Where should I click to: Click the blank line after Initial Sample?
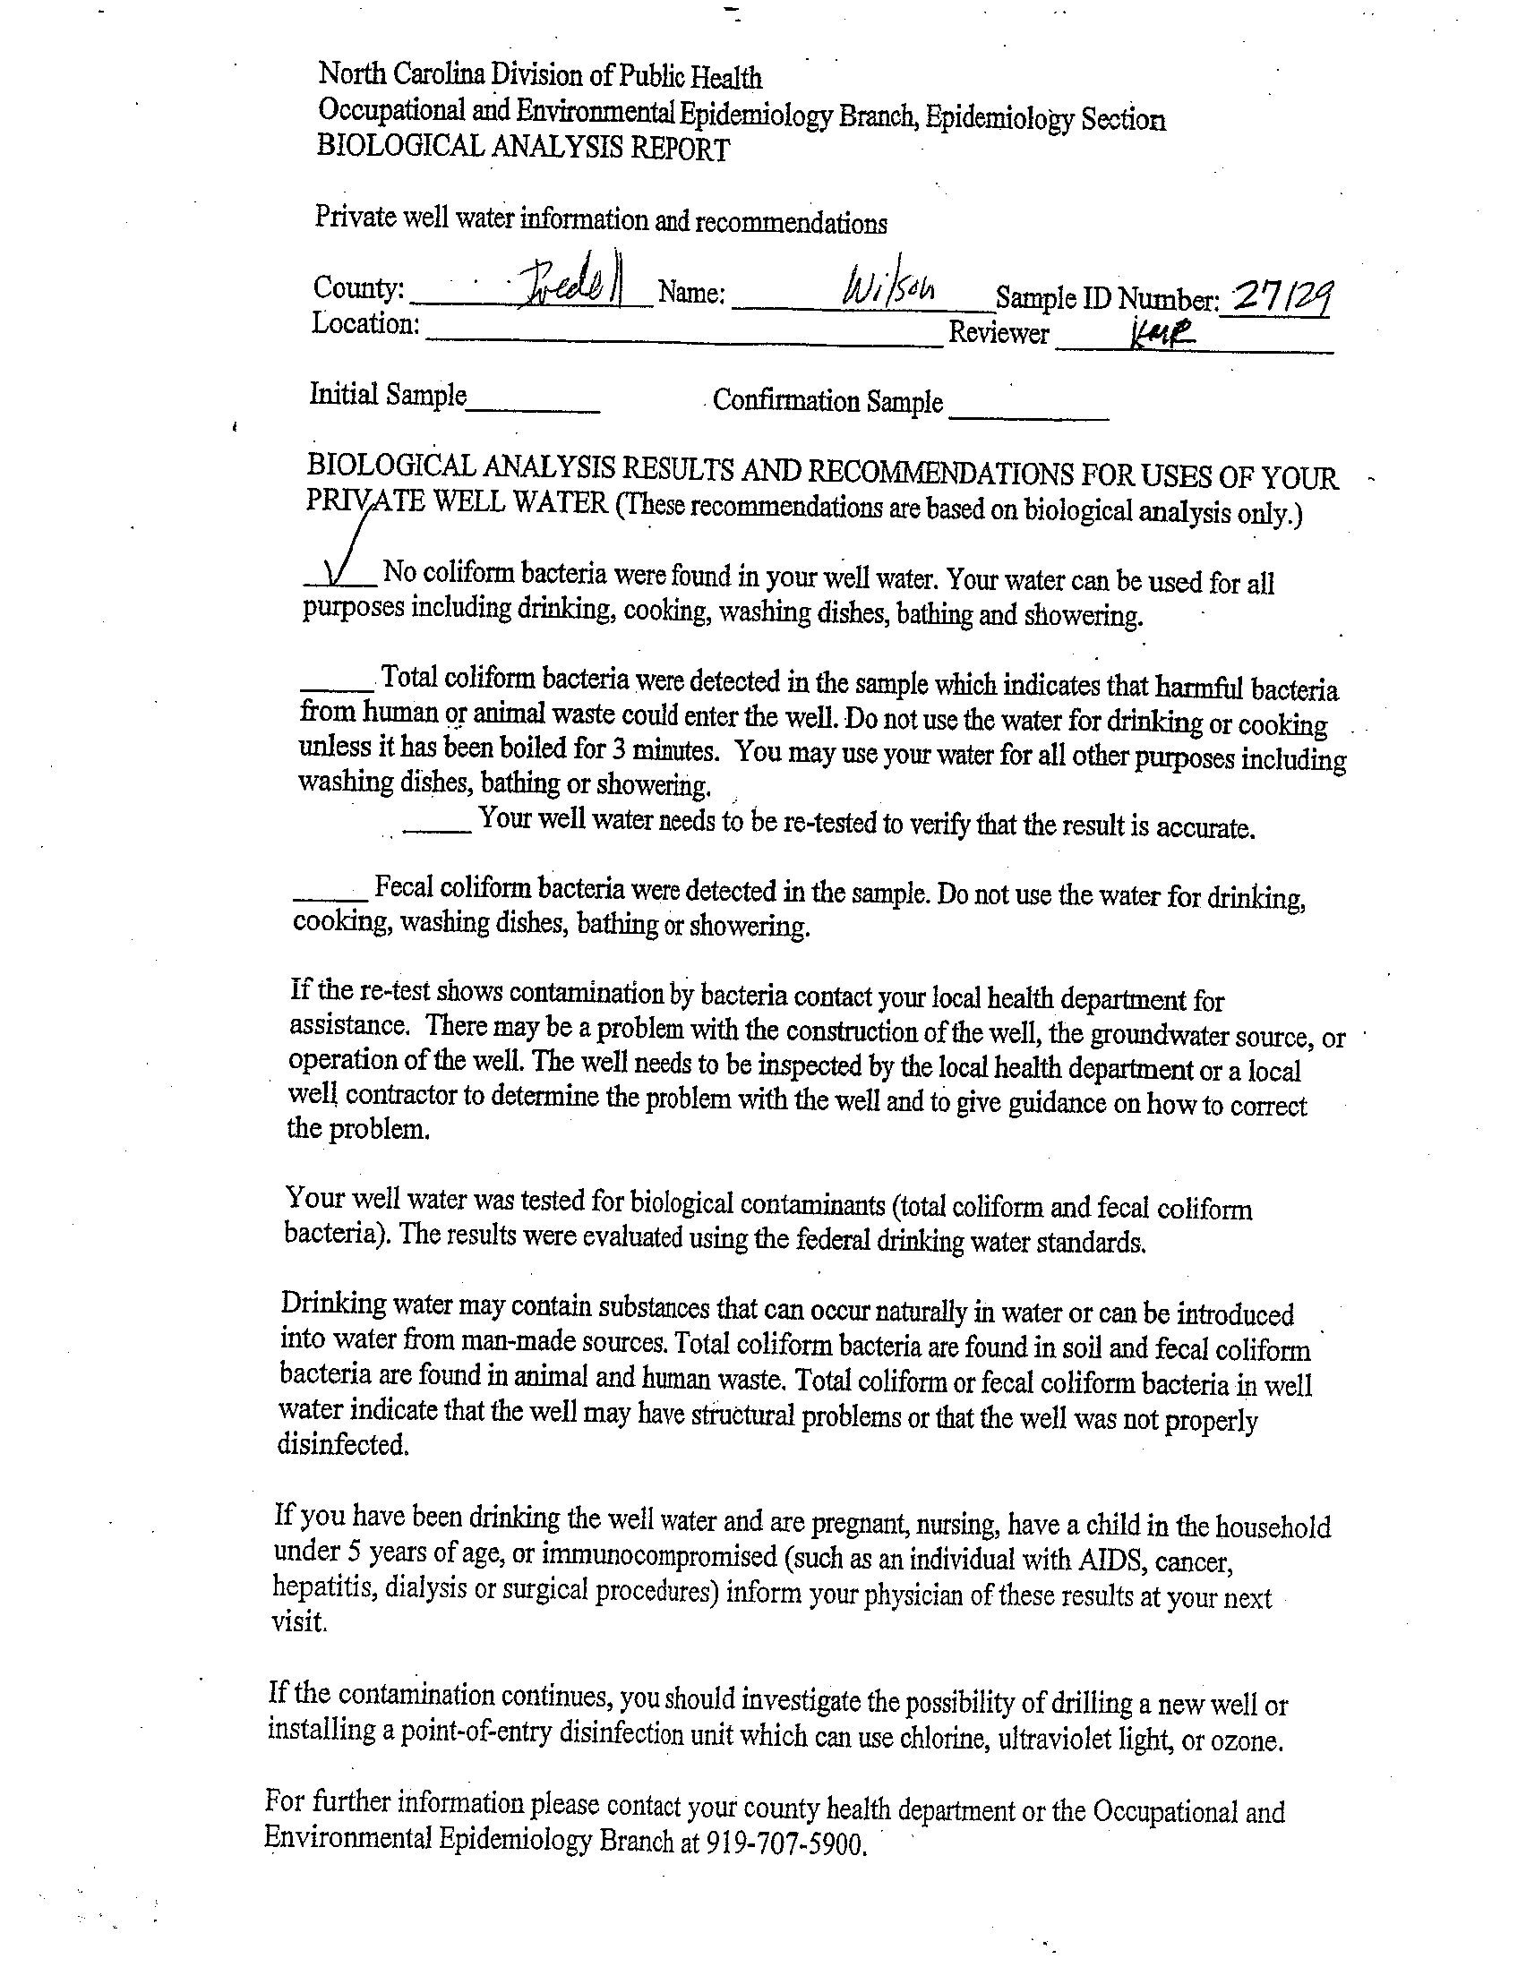(x=533, y=410)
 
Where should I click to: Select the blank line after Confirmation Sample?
(x=1029, y=417)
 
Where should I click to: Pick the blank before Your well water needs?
(x=437, y=829)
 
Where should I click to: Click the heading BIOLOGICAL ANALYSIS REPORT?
(x=522, y=147)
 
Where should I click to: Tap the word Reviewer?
(x=999, y=333)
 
